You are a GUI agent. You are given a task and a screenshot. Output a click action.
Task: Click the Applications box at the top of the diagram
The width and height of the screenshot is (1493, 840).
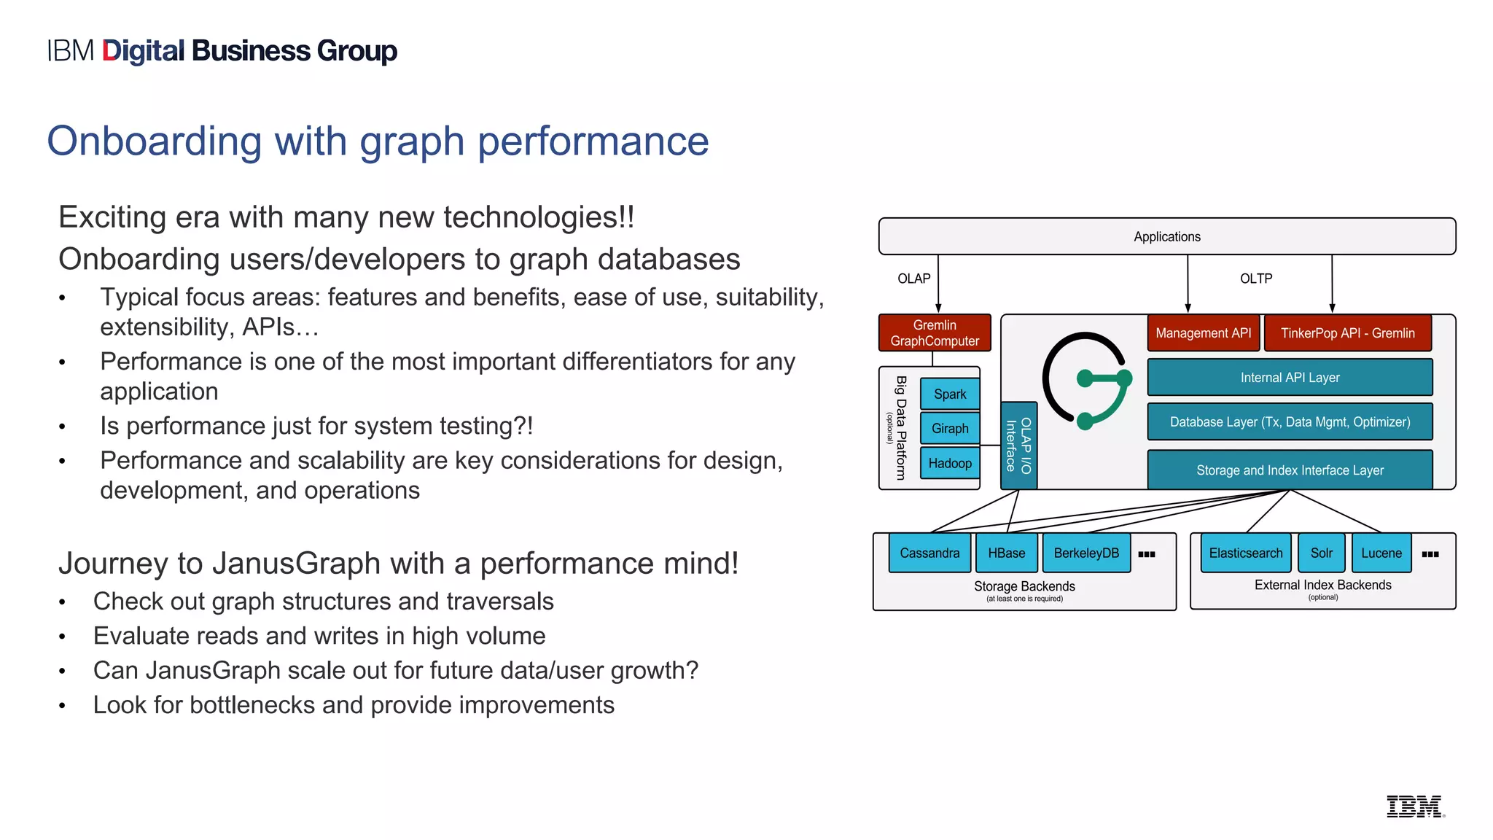(1166, 236)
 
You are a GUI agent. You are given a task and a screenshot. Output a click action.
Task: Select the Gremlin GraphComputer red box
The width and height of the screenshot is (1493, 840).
(934, 332)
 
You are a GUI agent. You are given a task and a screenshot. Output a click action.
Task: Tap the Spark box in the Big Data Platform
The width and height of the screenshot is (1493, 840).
(949, 394)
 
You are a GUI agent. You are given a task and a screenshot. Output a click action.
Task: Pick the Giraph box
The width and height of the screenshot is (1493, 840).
(949, 428)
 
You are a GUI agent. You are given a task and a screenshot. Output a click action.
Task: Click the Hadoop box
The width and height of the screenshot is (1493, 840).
(949, 463)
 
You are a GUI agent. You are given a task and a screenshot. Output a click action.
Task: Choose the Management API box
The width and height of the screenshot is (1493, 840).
(1203, 332)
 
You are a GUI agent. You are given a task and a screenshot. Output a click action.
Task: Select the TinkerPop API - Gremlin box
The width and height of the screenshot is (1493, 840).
(1347, 332)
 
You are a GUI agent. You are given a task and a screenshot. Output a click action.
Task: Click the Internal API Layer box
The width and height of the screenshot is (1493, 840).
(1290, 377)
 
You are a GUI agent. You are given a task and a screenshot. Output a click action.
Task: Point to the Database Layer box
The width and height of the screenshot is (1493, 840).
(1290, 421)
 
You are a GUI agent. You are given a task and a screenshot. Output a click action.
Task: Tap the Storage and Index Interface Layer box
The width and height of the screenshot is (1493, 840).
(1290, 470)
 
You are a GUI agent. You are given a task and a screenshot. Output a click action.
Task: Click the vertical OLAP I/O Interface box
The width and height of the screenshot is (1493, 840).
(1018, 445)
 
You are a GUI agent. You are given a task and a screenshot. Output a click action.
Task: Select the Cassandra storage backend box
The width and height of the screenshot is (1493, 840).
(929, 553)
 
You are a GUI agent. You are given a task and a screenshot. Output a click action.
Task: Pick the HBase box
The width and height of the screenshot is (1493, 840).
(1006, 553)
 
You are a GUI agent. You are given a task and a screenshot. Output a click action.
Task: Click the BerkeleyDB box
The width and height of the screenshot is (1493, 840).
(1085, 553)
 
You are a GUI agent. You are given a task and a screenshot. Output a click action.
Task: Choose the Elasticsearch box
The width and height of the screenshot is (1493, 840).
(1245, 553)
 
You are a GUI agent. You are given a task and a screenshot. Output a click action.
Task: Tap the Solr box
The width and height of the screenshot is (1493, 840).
(1321, 553)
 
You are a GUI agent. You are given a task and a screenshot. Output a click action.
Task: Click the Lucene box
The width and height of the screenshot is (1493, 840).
(1381, 553)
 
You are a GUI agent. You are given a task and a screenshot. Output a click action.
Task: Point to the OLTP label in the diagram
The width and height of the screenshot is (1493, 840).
(1255, 279)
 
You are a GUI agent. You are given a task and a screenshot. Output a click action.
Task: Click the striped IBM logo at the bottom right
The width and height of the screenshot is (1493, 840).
(1414, 806)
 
